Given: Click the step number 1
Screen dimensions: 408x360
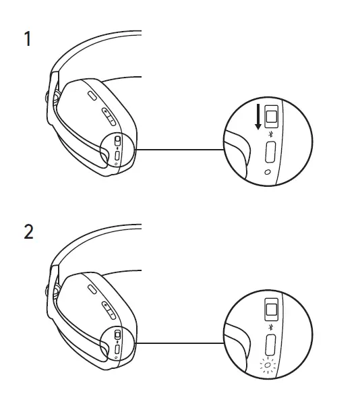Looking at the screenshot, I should (28, 40).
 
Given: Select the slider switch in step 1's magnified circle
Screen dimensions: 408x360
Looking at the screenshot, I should (271, 117).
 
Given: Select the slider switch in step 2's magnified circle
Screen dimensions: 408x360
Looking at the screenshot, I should (271, 311).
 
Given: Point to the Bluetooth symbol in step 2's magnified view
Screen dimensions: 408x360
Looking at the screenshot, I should (270, 328).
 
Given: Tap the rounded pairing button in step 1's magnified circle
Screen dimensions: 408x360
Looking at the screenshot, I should (270, 153).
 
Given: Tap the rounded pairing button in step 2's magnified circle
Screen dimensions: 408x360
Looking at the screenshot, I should (270, 347).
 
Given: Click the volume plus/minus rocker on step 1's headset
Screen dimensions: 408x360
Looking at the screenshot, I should (108, 117).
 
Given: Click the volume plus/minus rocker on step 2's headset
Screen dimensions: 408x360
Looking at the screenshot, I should (108, 310).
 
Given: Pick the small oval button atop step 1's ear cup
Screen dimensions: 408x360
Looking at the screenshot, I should (92, 96).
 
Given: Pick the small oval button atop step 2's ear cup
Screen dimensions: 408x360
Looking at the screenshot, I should (92, 289).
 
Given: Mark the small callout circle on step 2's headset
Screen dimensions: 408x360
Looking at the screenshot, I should (117, 343).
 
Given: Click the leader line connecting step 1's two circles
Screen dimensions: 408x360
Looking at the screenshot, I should (179, 150).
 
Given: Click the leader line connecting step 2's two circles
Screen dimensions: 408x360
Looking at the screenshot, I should (179, 343).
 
